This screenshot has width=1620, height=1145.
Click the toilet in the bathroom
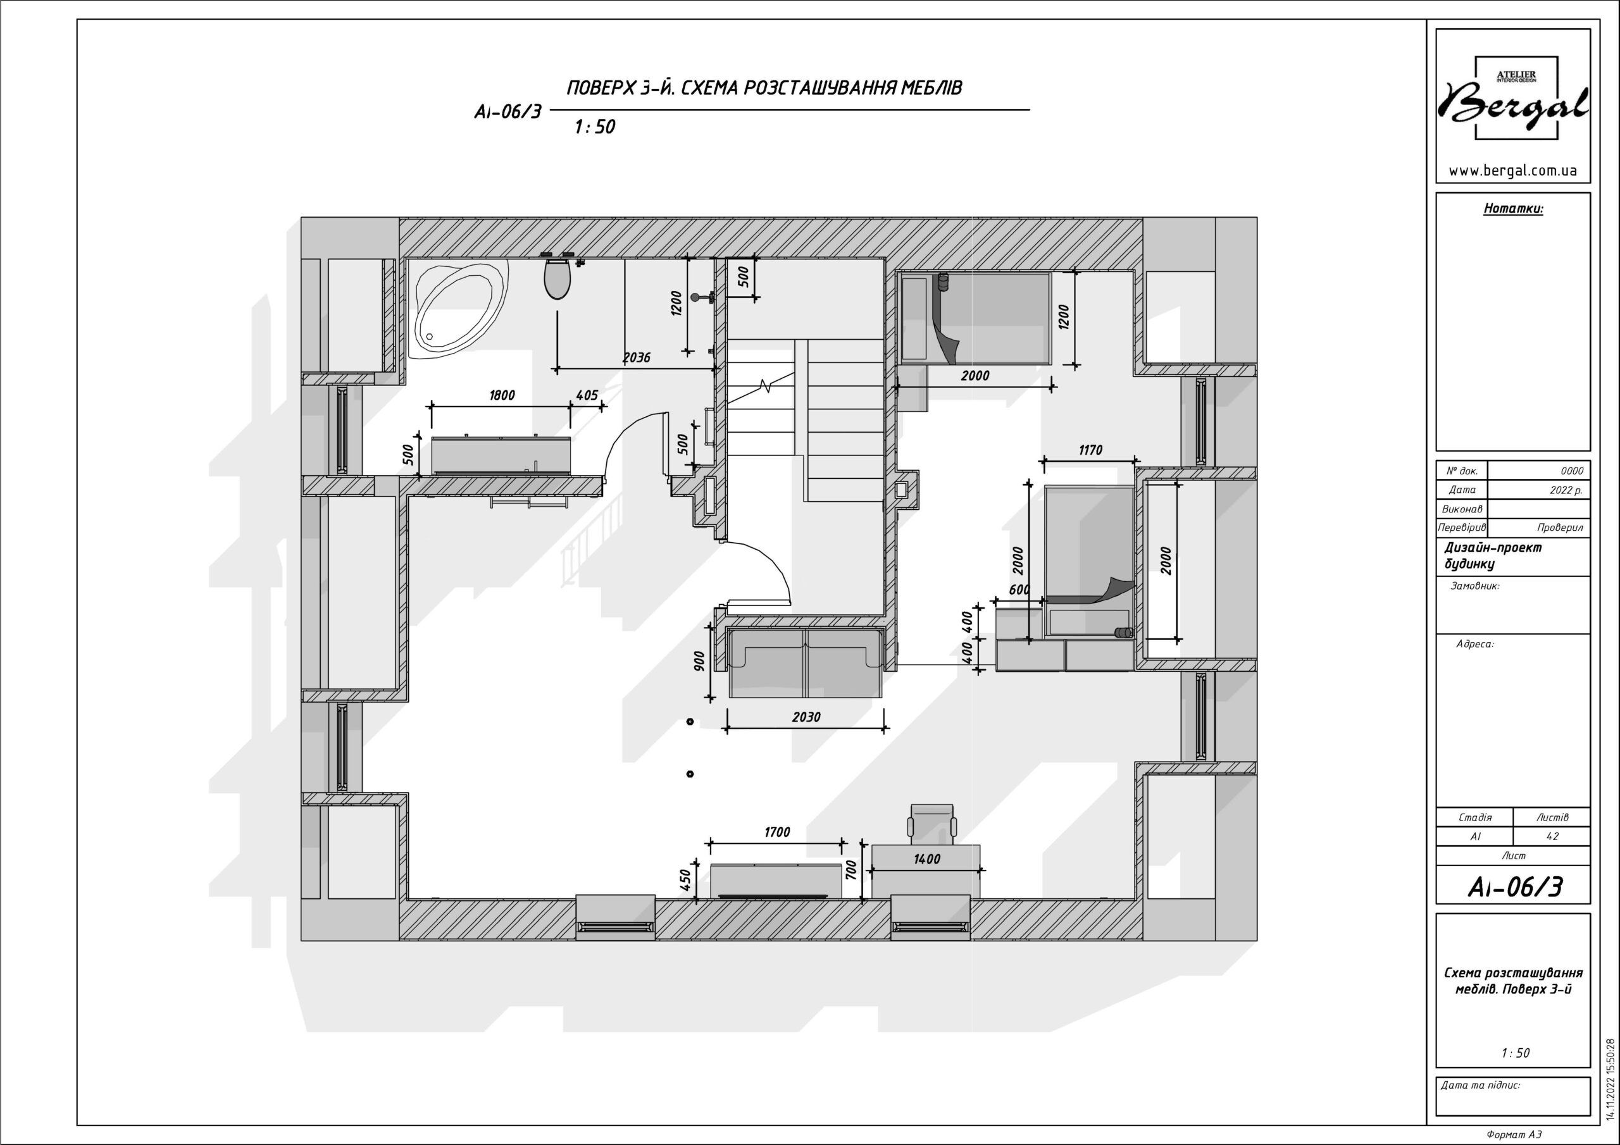(558, 279)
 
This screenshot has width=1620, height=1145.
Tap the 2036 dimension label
(637, 357)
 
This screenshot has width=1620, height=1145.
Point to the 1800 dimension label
(502, 395)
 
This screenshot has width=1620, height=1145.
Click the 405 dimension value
(587, 396)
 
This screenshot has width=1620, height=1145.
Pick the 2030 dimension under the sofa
(806, 717)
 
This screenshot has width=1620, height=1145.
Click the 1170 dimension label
(1090, 449)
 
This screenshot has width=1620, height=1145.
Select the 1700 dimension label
(777, 832)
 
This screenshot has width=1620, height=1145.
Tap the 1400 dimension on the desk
(926, 858)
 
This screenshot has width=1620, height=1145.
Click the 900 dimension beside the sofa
(699, 661)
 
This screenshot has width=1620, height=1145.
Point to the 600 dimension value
(1019, 589)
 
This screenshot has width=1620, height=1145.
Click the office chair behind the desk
(932, 824)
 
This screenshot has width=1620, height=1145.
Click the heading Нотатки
(1513, 209)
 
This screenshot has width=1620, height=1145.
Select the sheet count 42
(1552, 836)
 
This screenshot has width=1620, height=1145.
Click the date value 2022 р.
(1566, 490)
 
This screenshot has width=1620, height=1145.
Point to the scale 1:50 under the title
(595, 127)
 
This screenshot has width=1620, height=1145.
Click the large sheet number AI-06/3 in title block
(1515, 887)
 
